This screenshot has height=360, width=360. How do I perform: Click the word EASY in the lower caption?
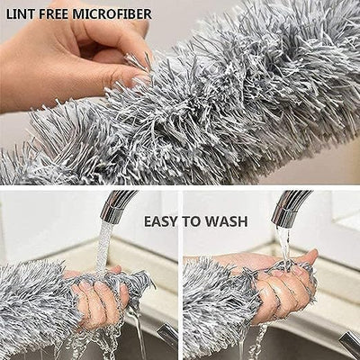[163, 221]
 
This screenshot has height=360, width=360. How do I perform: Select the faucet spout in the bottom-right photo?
[290, 203]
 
